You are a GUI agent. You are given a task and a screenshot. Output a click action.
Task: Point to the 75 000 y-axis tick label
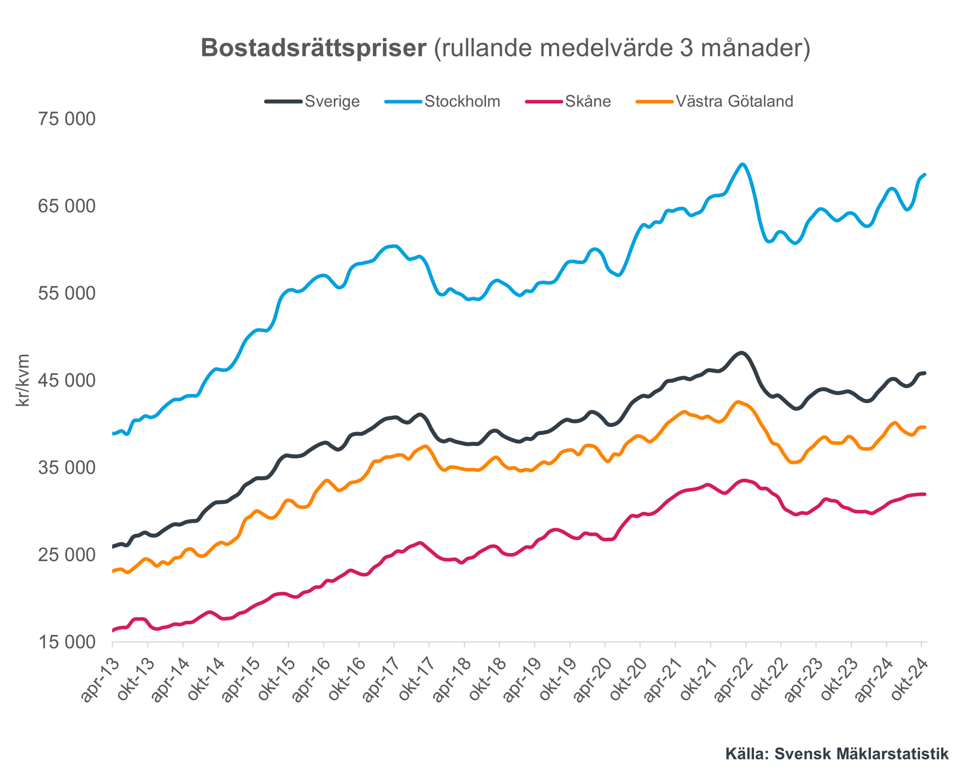(67, 119)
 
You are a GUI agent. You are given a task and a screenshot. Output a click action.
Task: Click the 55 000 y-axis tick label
(67, 293)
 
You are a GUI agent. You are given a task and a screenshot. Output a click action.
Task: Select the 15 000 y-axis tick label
(67, 642)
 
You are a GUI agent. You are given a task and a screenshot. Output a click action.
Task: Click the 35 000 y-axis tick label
(67, 468)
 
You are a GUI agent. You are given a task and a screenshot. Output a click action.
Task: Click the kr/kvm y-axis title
(23, 380)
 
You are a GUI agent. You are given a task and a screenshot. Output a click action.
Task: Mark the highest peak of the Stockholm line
(743, 165)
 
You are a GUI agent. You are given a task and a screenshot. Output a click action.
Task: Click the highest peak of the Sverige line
(742, 353)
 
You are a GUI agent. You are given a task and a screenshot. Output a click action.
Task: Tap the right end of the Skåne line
(924, 494)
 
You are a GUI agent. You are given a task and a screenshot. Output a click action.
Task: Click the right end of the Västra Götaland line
(924, 427)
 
